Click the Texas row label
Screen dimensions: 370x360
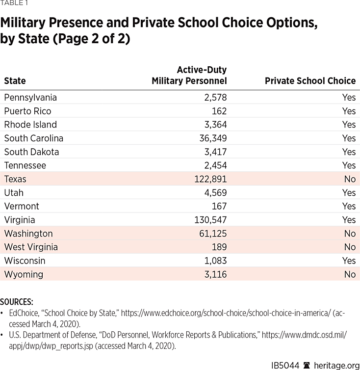click(x=15, y=179)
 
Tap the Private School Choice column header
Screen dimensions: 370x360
click(x=310, y=81)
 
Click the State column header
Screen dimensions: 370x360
click(x=15, y=81)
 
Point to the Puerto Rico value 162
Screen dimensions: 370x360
click(x=217, y=111)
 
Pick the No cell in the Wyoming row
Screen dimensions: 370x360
click(x=350, y=274)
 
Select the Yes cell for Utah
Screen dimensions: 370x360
click(x=349, y=193)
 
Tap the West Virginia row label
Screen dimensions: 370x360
click(x=31, y=247)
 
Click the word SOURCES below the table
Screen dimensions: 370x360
click(x=17, y=302)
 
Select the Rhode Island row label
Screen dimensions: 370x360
click(x=30, y=125)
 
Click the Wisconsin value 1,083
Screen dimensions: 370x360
click(x=215, y=261)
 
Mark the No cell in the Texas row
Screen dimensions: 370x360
click(x=350, y=179)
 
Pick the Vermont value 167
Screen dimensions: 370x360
click(x=217, y=206)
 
